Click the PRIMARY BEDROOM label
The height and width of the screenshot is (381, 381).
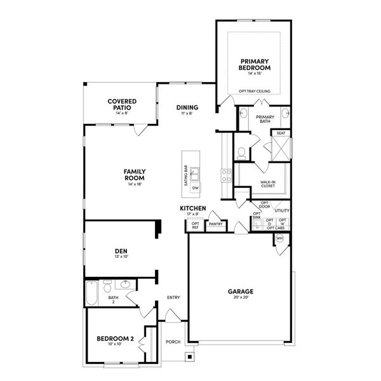[x=255, y=64]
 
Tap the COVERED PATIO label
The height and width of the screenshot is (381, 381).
[x=119, y=104]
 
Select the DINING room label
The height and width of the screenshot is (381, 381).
[x=187, y=107]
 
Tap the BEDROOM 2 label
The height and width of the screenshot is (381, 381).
[x=115, y=339]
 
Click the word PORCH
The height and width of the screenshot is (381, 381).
[x=173, y=342]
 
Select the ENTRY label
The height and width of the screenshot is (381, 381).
[x=173, y=297]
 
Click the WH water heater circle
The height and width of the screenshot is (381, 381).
[x=279, y=239]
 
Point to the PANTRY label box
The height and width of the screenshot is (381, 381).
[x=215, y=224]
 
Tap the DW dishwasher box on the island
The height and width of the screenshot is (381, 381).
[x=196, y=188]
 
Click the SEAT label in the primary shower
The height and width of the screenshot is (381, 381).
[x=280, y=133]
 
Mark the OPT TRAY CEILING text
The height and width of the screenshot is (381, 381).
[x=254, y=91]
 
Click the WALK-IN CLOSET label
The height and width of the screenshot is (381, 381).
[x=267, y=185]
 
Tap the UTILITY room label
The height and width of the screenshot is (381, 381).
[x=282, y=210]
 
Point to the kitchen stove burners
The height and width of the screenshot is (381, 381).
[x=225, y=175]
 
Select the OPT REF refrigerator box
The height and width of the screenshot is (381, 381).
[x=196, y=225]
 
